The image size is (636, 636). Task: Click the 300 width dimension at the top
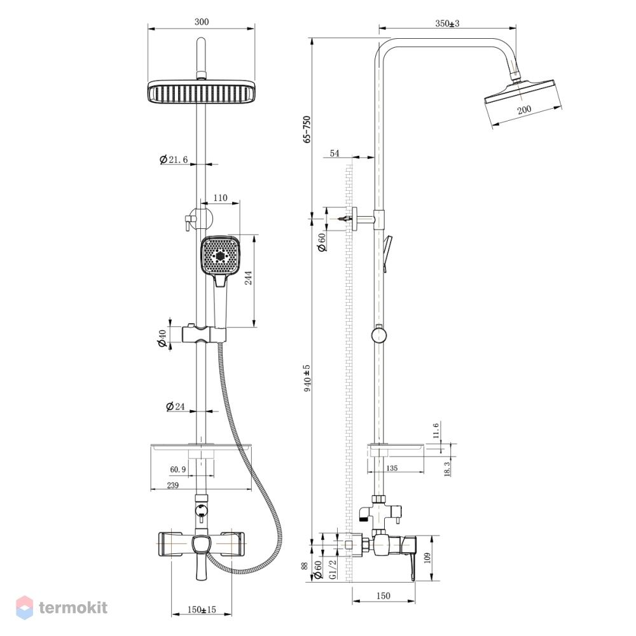202,22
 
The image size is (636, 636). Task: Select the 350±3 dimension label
447,23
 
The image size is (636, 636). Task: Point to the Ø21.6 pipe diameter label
174,160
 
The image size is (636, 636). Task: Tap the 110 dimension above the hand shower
220,198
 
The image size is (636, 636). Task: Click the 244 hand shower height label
248,277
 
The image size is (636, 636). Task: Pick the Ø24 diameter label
176,406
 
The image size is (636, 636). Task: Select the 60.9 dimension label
178,469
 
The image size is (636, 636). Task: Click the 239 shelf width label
173,485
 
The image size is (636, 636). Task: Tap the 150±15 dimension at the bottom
202,609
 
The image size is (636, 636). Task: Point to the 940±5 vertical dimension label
307,378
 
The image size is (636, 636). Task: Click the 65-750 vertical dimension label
307,129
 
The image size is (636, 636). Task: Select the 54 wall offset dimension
335,153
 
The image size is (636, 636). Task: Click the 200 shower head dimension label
524,109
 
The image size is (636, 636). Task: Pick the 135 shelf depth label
392,468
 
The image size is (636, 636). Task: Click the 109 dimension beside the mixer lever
426,558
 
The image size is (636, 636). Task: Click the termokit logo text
73,607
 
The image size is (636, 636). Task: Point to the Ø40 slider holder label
162,338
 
